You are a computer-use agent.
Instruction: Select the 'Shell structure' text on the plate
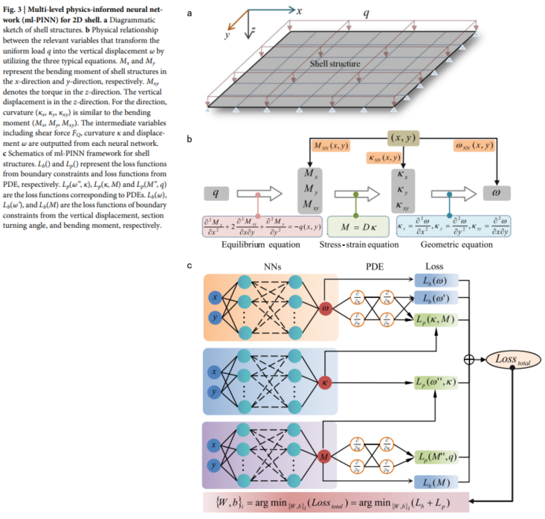(335, 65)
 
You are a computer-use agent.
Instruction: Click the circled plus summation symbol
(468, 359)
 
